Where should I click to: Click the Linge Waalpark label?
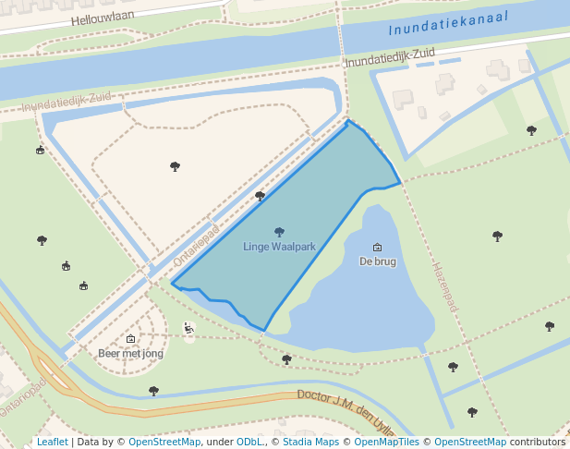[279, 247]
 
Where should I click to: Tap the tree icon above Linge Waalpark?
[280, 232]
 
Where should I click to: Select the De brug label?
[377, 261]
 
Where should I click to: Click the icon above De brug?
[377, 247]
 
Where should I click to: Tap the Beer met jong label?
[130, 353]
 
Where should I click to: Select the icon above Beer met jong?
[130, 339]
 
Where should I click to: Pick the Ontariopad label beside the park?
[196, 246]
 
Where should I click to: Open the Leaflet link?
[52, 442]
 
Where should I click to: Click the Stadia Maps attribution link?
[310, 442]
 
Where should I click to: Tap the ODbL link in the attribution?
[249, 442]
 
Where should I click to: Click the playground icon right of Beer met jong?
[189, 327]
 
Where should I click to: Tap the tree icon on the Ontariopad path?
[260, 196]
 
